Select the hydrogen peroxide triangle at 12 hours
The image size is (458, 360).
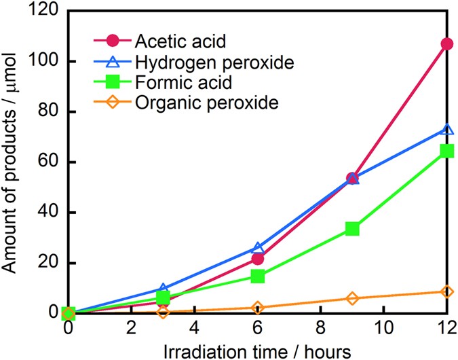click(x=446, y=130)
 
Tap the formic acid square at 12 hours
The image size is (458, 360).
click(x=446, y=151)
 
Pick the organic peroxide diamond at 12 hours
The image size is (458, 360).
click(x=446, y=291)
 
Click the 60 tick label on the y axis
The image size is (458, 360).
click(x=49, y=162)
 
